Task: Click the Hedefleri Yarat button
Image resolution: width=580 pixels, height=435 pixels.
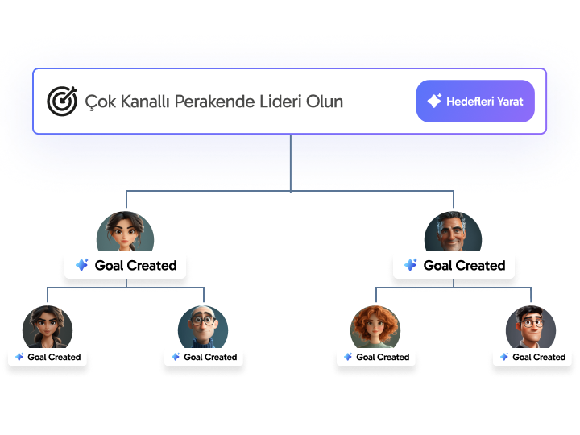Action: tap(475, 101)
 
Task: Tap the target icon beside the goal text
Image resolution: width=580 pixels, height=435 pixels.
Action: tap(62, 101)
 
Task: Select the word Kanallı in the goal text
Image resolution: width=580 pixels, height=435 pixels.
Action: tap(153, 101)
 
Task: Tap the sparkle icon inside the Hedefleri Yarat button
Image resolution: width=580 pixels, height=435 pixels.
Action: tap(434, 101)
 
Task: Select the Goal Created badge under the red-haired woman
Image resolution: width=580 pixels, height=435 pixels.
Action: tap(375, 357)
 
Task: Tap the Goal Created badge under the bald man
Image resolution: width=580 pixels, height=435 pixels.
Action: tap(203, 357)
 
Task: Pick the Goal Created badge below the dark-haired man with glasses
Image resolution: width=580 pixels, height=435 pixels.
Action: tap(531, 357)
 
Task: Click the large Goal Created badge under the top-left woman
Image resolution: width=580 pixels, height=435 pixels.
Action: tap(126, 265)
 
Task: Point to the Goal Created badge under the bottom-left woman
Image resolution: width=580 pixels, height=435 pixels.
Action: tap(47, 357)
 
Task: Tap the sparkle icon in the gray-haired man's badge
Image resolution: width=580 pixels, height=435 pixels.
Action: tap(410, 265)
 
